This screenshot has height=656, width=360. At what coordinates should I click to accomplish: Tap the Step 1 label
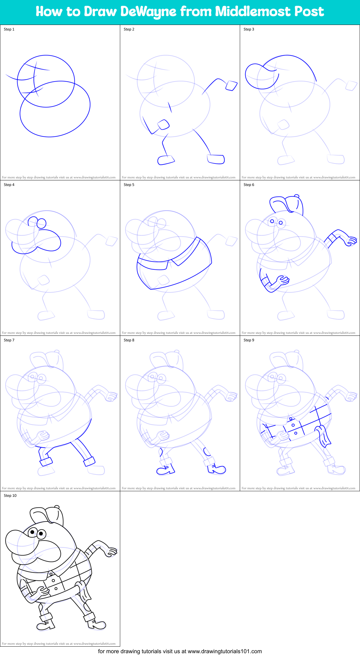[9, 29]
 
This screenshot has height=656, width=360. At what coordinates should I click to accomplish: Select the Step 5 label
[129, 185]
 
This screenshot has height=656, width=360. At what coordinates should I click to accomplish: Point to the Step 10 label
[10, 496]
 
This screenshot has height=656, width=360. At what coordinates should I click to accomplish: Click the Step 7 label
[9, 340]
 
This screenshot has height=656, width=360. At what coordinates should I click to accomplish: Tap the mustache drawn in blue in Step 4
[50, 240]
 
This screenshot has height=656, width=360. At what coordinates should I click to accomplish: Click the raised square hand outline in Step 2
[231, 86]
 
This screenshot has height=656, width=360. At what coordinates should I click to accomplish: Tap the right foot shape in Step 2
[216, 159]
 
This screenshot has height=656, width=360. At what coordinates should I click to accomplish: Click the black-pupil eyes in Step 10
[37, 533]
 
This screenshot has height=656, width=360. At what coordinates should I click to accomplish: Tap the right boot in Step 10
[97, 624]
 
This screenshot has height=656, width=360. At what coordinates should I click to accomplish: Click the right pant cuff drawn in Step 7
[89, 461]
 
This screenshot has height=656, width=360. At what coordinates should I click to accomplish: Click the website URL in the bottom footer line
[225, 651]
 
